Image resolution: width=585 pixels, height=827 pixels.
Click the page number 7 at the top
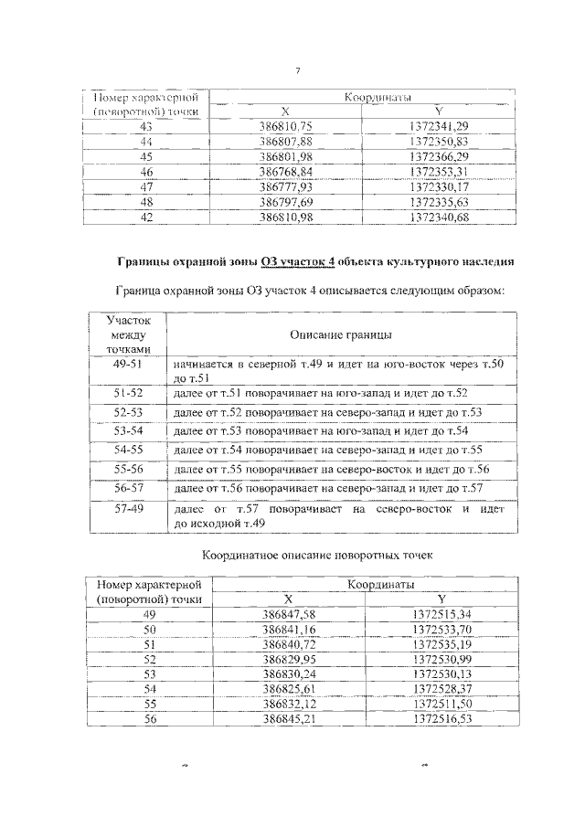click(x=299, y=73)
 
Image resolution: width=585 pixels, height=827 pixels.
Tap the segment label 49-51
click(x=126, y=365)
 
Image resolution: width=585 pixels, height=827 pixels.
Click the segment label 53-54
click(x=126, y=430)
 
